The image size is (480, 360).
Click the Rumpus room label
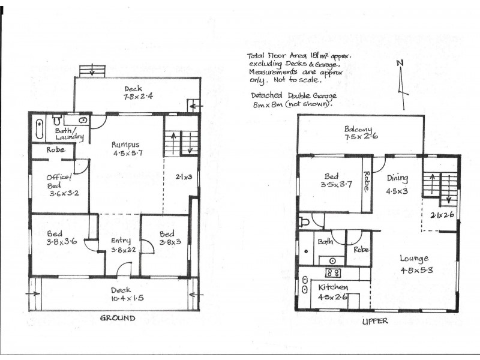(x=125, y=144)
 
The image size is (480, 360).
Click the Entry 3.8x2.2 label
(x=121, y=241)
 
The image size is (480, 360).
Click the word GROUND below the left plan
(x=117, y=317)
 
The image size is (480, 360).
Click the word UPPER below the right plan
(x=376, y=321)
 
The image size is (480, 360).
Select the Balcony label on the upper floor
(x=359, y=129)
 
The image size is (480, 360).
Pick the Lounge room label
(x=414, y=259)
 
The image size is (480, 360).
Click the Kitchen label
(x=334, y=287)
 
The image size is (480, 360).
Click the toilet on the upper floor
(x=305, y=222)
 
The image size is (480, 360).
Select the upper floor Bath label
(x=325, y=242)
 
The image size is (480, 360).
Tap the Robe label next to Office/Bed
(x=56, y=150)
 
